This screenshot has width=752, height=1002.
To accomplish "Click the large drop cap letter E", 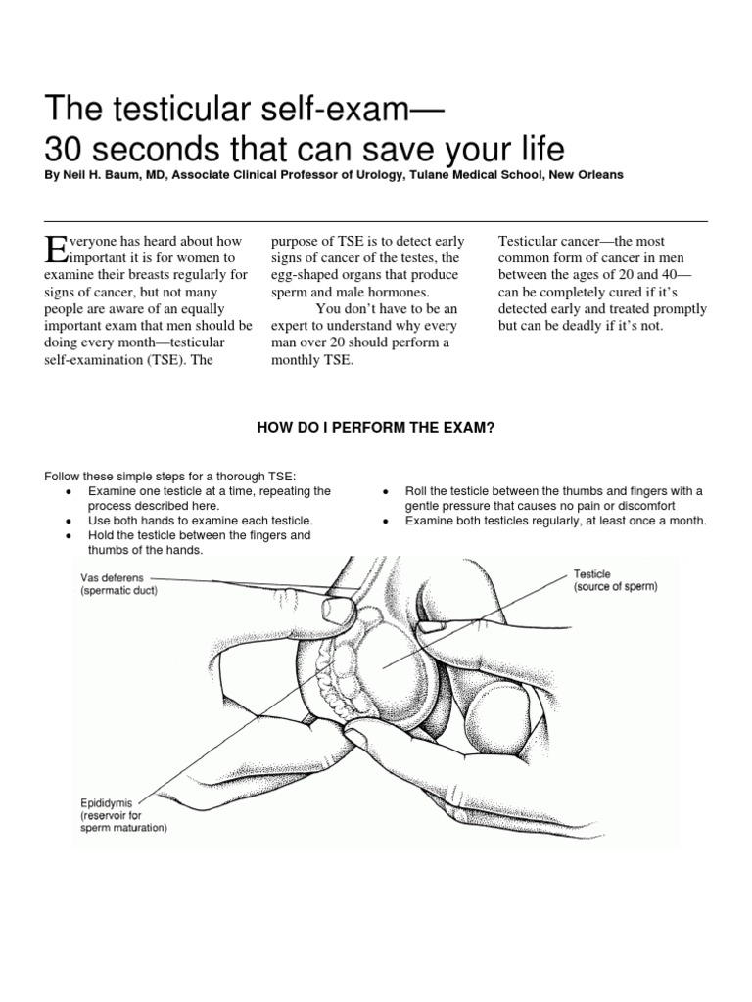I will pos(56,249).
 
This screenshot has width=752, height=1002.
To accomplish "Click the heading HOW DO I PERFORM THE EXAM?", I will pos(375,429).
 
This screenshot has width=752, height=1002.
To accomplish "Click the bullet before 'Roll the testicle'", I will pos(386,490).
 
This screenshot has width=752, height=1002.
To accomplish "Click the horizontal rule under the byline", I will pos(376,222).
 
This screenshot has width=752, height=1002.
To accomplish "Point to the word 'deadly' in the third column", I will pos(590,325).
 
